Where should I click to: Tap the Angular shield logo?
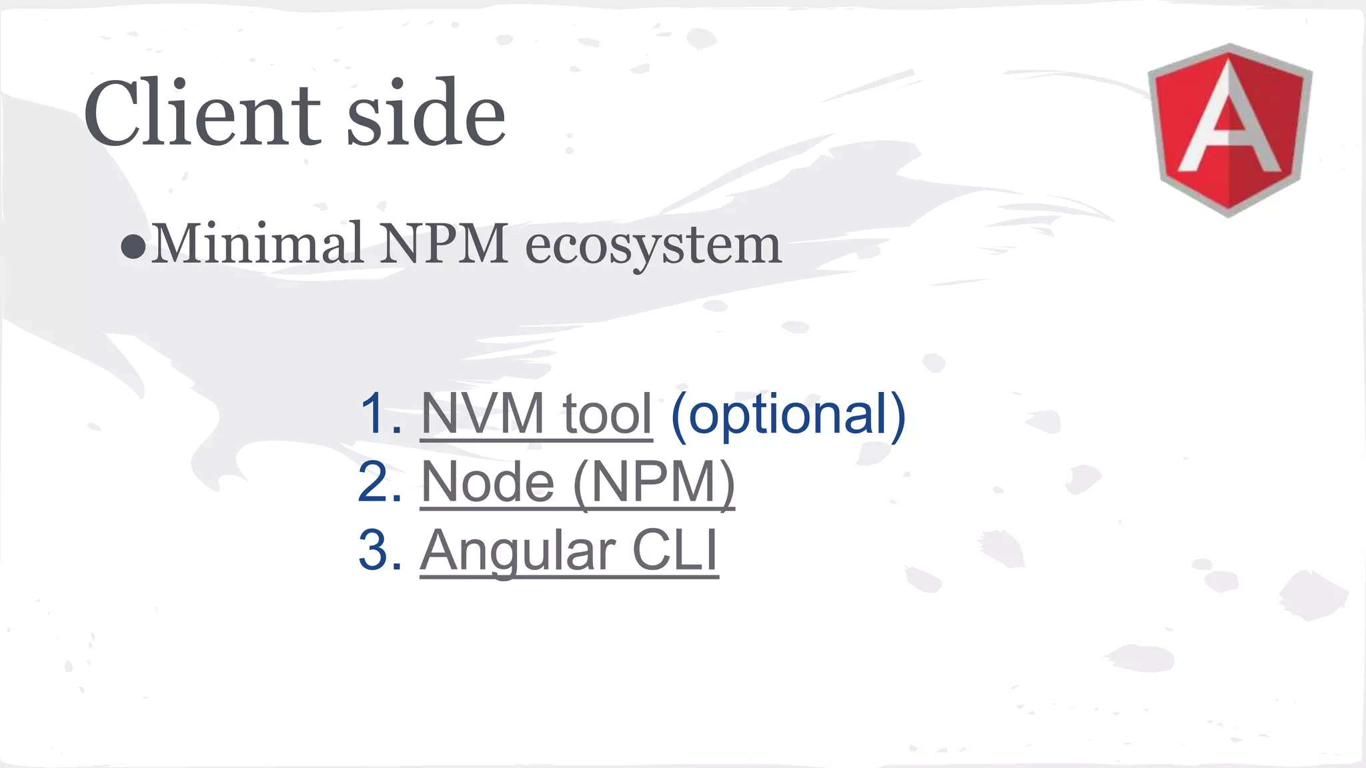point(1229,130)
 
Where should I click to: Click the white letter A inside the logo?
point(1229,120)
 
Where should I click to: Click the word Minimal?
point(257,244)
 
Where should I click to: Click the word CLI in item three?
point(674,551)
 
